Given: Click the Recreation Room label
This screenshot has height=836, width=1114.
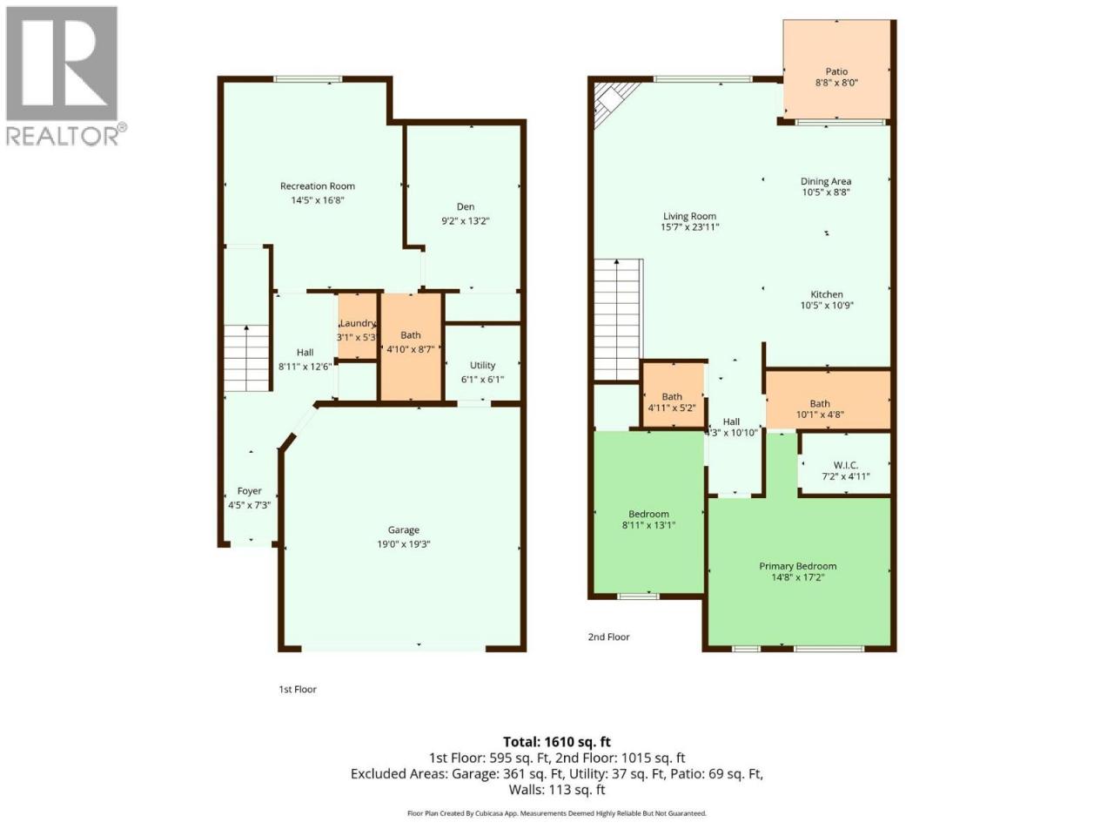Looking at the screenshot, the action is [x=317, y=186].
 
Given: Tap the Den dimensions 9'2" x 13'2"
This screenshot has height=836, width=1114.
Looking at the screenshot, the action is [x=465, y=221].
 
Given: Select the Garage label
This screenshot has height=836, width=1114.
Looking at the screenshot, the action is [x=403, y=530].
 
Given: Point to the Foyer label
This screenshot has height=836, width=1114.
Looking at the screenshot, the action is [x=249, y=491].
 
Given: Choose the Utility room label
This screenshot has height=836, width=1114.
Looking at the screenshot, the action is [x=482, y=365].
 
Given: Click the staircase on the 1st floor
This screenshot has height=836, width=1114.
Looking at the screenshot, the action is [x=246, y=358].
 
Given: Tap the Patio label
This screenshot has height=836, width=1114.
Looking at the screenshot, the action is [x=835, y=71].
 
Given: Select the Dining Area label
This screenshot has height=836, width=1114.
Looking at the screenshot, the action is [x=826, y=181].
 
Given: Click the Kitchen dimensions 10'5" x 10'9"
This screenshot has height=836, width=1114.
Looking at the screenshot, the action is [x=827, y=305].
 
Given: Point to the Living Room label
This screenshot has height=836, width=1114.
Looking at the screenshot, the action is [x=688, y=216].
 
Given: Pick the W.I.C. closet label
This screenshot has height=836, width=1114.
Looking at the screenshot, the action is [x=846, y=465].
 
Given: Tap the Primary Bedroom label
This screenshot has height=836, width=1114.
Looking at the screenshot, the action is [x=798, y=566].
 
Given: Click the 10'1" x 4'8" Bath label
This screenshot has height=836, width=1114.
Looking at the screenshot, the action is [x=820, y=403].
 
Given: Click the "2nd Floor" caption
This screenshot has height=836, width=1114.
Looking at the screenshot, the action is [x=608, y=637].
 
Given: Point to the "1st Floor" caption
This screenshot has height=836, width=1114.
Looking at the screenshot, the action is [x=298, y=690].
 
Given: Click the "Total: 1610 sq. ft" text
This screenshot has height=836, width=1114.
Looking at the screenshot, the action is [x=557, y=742].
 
